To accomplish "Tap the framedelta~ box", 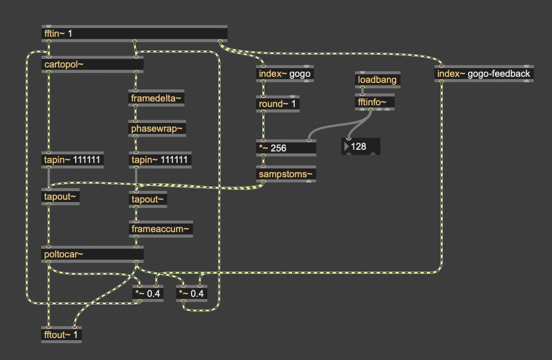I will tap(156, 99).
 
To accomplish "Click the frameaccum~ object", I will tap(161, 229).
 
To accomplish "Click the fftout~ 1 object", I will tap(62, 334).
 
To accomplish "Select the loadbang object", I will tap(378, 80).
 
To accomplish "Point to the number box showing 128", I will tap(361, 147).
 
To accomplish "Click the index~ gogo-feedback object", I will tap(483, 74).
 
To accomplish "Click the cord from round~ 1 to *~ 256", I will tap(263, 126).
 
